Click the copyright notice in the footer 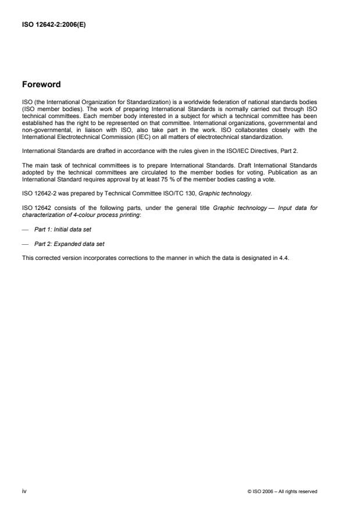pos(282,491)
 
